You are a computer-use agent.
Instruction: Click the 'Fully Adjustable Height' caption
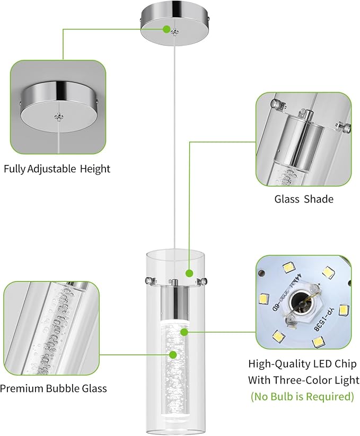57,169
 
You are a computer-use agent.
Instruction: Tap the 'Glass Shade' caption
304,199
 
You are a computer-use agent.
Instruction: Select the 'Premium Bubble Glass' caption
53,388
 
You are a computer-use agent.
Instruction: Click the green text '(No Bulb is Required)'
302,396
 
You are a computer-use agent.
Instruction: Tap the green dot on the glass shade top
189,273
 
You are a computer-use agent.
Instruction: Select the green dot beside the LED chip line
184,332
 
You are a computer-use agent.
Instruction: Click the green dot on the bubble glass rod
173,354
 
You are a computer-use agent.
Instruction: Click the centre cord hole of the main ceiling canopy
174,33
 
